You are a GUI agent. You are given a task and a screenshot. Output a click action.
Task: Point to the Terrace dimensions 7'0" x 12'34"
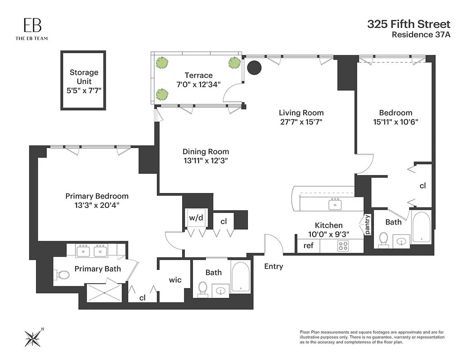click(198, 85)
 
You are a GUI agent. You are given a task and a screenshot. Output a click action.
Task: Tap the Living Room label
click(301, 112)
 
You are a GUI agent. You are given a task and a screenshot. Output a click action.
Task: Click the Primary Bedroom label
click(97, 196)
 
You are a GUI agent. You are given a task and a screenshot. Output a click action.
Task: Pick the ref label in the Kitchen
click(308, 246)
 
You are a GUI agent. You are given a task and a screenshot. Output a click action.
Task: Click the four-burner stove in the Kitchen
click(344, 246)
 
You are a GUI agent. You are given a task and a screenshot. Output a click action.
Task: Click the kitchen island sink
click(335, 204)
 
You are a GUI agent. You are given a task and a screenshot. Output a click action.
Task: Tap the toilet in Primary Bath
click(62, 274)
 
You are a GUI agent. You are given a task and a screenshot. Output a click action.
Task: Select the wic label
click(175, 280)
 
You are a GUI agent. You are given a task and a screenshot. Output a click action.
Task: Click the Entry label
click(273, 266)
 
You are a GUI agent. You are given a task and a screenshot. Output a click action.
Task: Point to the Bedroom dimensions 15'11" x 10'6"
click(395, 121)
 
